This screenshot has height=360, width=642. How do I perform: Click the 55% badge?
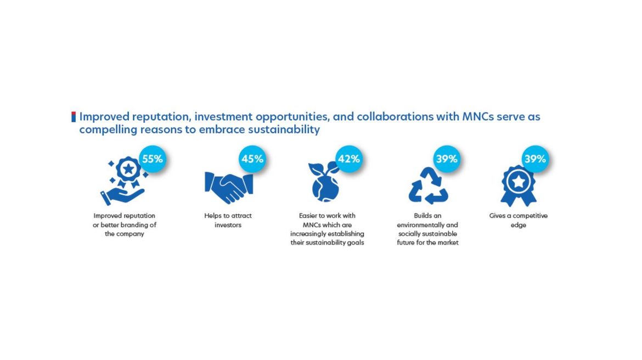point(153,159)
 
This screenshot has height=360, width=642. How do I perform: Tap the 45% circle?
point(252,159)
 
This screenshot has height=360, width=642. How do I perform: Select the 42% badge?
point(349,159)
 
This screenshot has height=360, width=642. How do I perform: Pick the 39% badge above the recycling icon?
point(446,159)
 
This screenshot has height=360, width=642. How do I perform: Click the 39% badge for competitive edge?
point(535,159)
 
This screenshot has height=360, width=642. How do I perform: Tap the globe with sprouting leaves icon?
point(325,183)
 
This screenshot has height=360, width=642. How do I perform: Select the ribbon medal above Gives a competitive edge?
point(519,186)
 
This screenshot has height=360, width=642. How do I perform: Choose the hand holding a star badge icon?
point(123,181)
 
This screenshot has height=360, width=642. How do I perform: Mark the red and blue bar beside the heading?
point(74,117)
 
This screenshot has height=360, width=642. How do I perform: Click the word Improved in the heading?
point(104,117)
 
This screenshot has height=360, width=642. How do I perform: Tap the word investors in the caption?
point(228,225)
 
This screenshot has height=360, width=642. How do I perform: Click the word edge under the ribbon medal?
point(519,225)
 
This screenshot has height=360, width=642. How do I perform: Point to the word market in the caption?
point(448,243)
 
